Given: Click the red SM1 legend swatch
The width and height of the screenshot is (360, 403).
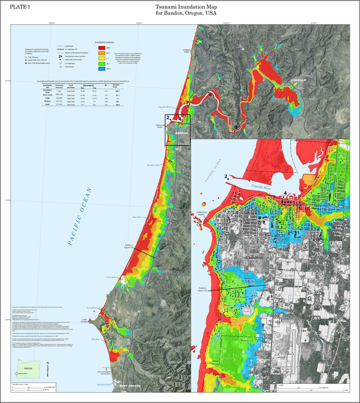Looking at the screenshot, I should [x=101, y=48].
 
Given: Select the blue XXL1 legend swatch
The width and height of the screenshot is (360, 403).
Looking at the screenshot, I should [x=101, y=68].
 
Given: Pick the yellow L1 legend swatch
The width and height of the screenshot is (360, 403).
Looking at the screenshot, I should [x=101, y=58].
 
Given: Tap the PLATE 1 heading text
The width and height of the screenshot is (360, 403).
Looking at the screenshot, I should [x=20, y=7].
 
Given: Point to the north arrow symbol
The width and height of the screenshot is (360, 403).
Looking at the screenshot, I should [x=48, y=369].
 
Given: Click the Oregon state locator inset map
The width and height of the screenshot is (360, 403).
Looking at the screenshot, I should [x=28, y=369].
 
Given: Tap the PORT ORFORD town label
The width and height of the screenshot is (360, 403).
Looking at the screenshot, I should [x=130, y=386].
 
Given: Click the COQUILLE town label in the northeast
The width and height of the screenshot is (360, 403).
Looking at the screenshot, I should [x=298, y=80].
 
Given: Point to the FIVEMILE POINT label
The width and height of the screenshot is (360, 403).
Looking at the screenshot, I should [x=187, y=51].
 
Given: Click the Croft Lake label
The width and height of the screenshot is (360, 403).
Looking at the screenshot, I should [x=111, y=277].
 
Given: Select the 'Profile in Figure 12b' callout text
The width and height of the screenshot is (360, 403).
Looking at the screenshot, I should [x=128, y=247].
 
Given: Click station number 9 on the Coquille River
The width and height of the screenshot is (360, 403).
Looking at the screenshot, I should [x=235, y=127].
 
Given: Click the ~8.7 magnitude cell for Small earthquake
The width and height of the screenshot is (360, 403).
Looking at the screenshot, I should [x=106, y=105].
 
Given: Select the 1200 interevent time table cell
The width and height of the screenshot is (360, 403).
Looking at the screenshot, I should [x=59, y=91].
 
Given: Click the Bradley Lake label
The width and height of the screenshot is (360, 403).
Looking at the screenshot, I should [x=153, y=165].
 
